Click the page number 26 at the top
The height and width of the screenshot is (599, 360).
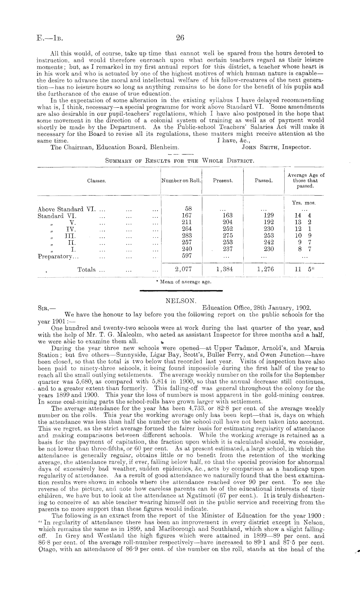180,38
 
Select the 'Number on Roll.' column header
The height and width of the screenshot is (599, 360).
181,181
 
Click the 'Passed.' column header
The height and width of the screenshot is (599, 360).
263,181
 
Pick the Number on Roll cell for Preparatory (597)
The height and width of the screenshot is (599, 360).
187,255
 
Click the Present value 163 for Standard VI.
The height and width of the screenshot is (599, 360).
228,215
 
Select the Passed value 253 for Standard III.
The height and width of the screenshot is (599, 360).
269,235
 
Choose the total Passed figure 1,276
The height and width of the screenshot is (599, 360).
265,269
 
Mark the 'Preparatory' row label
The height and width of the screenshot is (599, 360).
58,256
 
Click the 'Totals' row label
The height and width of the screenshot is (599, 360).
87,270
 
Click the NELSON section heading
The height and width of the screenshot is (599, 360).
180,301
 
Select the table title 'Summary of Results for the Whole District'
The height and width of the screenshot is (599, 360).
180,160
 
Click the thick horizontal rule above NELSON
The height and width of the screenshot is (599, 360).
180,291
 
